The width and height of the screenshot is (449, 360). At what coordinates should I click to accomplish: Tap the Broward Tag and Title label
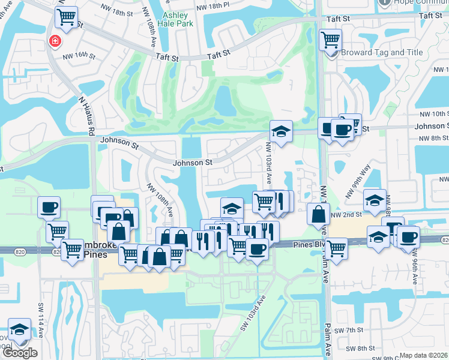point(382,52)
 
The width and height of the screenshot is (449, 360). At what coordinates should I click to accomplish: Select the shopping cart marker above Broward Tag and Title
point(330,41)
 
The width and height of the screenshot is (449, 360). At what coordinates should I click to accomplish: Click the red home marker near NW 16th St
point(55,41)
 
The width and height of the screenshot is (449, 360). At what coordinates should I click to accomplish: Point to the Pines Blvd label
point(311,244)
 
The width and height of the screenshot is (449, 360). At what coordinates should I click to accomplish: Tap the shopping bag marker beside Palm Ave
point(318,214)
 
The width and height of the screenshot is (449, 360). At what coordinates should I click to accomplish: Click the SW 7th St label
point(347,331)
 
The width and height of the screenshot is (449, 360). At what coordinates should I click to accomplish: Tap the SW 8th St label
point(363,348)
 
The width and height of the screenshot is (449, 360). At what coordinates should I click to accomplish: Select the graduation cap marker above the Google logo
point(20,330)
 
